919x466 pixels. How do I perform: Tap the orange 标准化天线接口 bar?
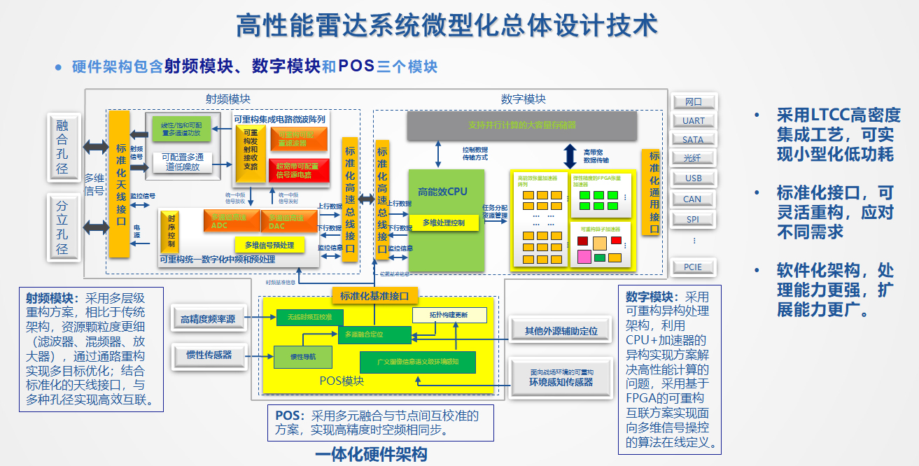[x=121, y=183]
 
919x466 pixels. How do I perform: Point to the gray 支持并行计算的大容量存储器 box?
[x=521, y=125]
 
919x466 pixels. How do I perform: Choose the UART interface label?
[x=693, y=120]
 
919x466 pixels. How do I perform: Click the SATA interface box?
[x=693, y=139]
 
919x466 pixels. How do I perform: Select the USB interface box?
[x=693, y=178]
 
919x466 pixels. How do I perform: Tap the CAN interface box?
[x=693, y=199]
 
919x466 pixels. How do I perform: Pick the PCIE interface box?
[x=693, y=267]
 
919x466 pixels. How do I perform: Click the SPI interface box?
[x=693, y=219]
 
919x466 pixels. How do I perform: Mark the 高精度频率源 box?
[x=208, y=319]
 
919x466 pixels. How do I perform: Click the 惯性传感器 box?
[x=209, y=355]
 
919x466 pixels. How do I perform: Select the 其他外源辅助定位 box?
[x=561, y=330]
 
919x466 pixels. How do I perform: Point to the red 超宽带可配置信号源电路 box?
[x=299, y=170]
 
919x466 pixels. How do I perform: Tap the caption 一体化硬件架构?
[x=370, y=455]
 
